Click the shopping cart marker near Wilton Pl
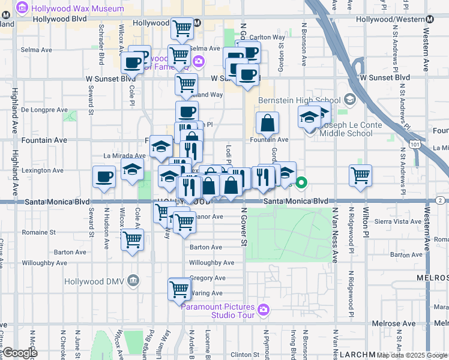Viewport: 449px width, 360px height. tap(360, 176)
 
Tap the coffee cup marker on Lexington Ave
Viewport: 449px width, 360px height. tap(104, 177)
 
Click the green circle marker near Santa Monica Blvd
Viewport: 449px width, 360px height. tap(303, 182)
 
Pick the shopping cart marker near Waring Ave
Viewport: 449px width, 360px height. tap(179, 289)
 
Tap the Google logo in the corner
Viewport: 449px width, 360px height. tap(20, 352)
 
